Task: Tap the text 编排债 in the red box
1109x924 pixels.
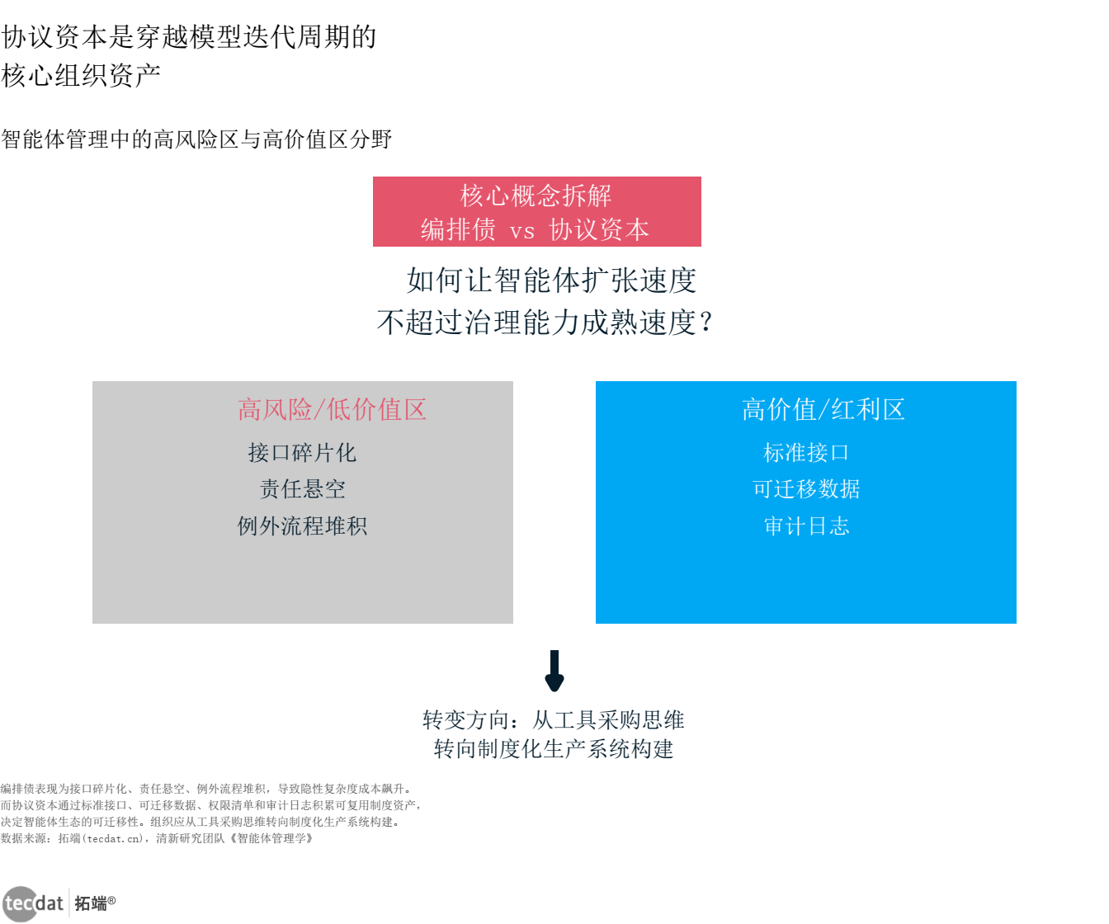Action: tap(458, 229)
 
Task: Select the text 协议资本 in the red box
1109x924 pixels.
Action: tap(600, 229)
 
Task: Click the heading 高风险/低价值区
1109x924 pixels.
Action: tap(332, 409)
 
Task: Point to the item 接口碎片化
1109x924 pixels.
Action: tap(302, 453)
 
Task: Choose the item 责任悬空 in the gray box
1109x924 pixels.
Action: tap(302, 489)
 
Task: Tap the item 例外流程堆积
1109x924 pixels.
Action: tap(302, 526)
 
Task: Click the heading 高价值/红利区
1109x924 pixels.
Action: tap(823, 409)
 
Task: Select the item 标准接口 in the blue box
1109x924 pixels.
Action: tap(806, 453)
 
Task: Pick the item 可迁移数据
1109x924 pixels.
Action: tap(806, 489)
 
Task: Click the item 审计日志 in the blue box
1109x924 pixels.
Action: tap(806, 526)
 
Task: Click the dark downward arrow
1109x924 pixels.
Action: tap(554, 671)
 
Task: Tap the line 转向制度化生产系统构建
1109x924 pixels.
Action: tap(554, 749)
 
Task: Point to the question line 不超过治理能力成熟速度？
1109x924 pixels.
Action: tap(545, 322)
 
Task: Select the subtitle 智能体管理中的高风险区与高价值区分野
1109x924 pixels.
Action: tap(196, 139)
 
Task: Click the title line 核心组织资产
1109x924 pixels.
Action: tap(81, 76)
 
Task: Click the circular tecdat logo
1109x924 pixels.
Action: tap(21, 903)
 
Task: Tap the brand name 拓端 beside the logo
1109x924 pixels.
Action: tap(92, 903)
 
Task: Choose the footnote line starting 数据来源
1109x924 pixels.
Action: tap(157, 838)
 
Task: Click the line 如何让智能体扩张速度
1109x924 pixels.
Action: tap(551, 280)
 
